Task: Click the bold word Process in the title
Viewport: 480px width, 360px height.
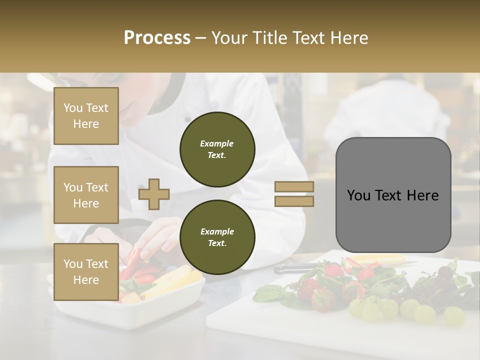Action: click(157, 38)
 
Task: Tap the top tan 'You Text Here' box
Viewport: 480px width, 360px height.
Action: click(86, 116)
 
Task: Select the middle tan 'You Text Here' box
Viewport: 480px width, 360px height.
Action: click(86, 195)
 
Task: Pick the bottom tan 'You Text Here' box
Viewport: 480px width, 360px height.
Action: click(86, 271)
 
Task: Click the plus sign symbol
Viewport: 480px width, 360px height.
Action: click(153, 194)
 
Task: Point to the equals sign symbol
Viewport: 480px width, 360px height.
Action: click(294, 194)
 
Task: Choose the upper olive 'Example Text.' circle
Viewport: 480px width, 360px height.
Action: click(217, 149)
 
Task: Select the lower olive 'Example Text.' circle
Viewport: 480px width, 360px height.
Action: click(217, 237)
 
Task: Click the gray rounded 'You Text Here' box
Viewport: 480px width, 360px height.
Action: click(393, 195)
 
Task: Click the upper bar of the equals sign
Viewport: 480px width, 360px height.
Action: click(294, 187)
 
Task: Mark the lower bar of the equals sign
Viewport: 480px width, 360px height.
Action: click(294, 201)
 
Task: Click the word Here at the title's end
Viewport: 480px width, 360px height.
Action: click(349, 38)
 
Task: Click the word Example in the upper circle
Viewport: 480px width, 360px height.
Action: click(217, 143)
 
